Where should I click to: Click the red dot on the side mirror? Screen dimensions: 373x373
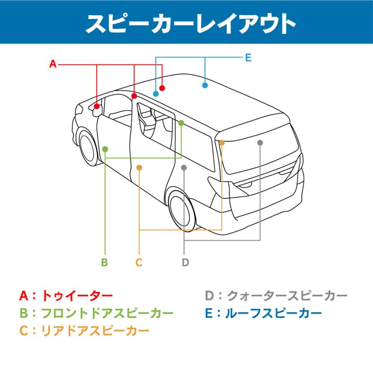tap(97, 106)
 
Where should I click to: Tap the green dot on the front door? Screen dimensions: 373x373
tap(105, 149)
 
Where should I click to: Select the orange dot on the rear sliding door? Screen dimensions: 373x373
tap(139, 167)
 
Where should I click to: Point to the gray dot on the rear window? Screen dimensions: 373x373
tap(260, 143)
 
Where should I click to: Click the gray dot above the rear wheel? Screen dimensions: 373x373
tap(184, 167)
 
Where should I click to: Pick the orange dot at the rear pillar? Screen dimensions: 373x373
tap(222, 143)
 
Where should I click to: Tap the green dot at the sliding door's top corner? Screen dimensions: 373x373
tap(181, 123)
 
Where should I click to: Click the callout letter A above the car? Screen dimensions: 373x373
tap(53, 64)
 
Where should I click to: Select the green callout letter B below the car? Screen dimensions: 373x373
tap(104, 262)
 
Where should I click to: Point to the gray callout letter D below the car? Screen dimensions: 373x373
tap(185, 262)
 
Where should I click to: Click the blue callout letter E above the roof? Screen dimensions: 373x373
tap(248, 58)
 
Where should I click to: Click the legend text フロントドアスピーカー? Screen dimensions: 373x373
tap(107, 313)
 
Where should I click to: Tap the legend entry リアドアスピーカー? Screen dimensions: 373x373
tap(95, 330)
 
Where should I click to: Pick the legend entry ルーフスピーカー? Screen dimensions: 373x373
tap(273, 313)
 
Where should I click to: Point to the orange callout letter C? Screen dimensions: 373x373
tap(139, 262)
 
